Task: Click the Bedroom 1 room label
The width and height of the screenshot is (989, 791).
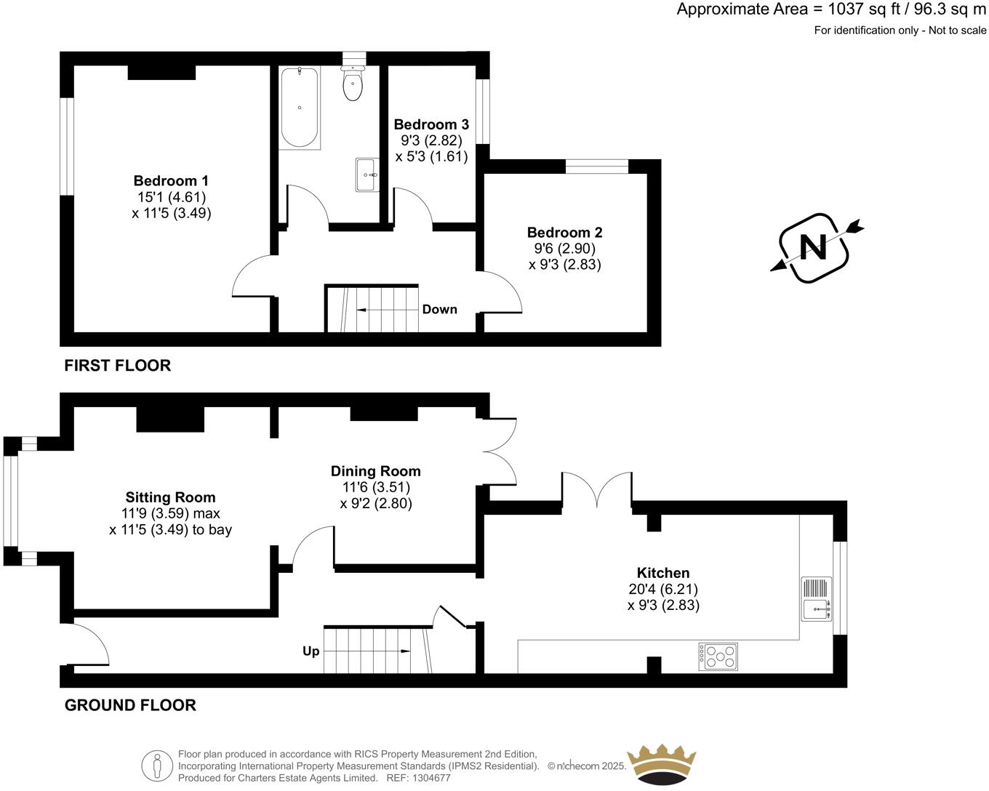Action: [171, 181]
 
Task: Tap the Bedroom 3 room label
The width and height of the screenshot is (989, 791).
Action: [431, 124]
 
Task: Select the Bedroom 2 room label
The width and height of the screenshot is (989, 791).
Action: [564, 233]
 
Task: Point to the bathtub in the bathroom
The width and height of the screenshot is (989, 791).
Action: [299, 108]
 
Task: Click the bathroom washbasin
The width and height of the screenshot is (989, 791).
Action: [367, 174]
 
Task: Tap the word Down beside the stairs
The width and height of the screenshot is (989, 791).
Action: [439, 310]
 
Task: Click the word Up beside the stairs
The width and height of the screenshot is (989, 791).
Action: [311, 651]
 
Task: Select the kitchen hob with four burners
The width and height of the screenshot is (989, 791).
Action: [718, 657]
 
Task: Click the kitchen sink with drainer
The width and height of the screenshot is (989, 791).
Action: [817, 599]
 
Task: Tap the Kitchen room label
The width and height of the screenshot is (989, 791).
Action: [662, 573]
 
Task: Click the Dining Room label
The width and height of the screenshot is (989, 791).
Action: [375, 471]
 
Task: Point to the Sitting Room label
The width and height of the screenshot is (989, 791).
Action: [170, 497]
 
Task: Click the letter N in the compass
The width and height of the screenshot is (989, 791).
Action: [813, 248]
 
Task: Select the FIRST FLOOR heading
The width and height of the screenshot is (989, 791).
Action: [117, 366]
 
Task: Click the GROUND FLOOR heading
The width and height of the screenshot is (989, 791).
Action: [130, 705]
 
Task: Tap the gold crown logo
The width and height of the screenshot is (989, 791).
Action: [662, 763]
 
